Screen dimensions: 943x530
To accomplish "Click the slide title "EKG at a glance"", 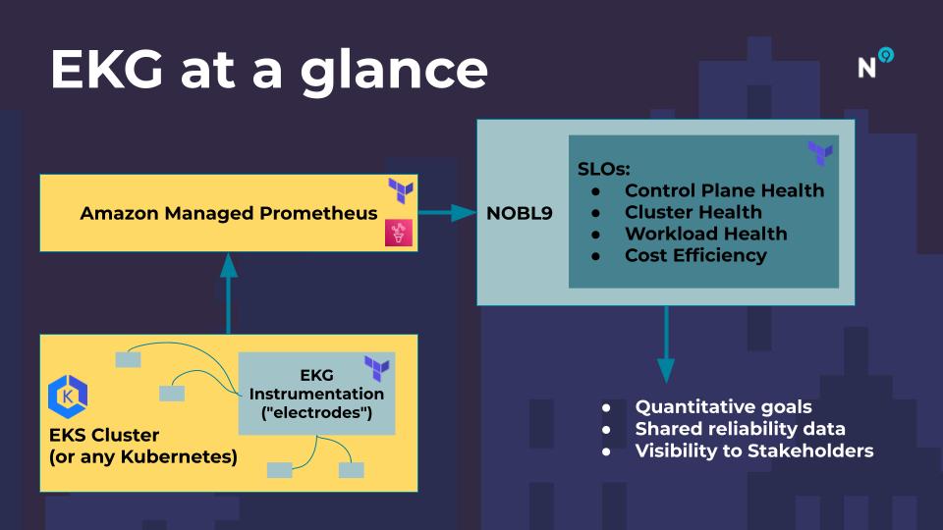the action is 269,71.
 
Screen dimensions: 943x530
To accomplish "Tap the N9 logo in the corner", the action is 875,63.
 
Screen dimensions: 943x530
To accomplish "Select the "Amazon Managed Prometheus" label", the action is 229,213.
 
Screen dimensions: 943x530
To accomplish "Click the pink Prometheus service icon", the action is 399,233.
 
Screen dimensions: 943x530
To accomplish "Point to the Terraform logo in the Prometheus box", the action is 401,190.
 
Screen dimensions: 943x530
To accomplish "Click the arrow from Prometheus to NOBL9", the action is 447,213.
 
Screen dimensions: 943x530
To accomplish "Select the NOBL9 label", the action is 519,213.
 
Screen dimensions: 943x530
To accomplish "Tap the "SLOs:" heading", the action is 603,169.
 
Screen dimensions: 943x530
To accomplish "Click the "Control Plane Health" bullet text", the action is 724,190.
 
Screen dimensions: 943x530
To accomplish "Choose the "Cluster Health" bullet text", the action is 693,212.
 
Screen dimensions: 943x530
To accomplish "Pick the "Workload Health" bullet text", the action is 706,234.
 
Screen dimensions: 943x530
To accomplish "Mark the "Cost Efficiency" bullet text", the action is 695,255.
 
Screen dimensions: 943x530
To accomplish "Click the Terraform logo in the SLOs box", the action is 820,153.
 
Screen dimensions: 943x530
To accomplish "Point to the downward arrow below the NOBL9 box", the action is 666,344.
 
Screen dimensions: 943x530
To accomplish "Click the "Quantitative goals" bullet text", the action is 724,406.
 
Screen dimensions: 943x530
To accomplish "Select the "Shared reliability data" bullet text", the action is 741,429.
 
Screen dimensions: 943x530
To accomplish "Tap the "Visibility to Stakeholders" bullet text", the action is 754,450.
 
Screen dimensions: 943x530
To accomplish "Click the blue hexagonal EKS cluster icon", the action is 68,397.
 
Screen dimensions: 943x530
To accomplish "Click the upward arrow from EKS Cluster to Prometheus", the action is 229,293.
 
